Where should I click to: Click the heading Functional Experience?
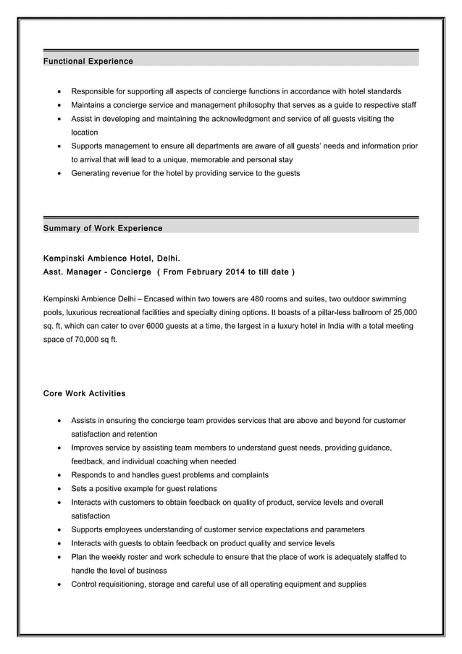pos(88,62)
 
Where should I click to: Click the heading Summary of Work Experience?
pos(103,228)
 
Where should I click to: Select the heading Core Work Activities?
pos(84,393)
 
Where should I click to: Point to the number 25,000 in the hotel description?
pos(402,312)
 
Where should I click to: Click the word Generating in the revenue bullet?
pos(92,173)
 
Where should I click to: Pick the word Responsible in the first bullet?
pos(94,91)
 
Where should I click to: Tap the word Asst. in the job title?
pos(55,272)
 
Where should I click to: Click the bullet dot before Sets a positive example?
pos(58,489)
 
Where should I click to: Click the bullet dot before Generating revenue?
pos(58,174)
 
